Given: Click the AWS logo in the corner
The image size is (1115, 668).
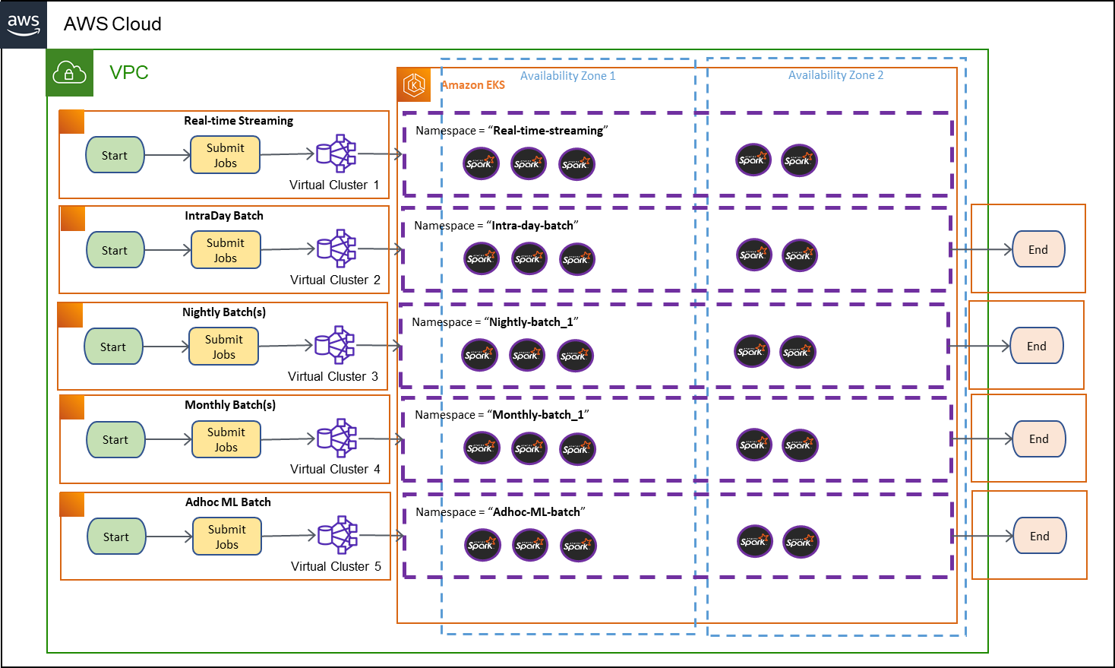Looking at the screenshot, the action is click(x=24, y=24).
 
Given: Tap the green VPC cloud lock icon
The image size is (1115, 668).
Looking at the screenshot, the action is click(x=69, y=73).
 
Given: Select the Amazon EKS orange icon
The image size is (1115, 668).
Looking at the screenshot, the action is click(x=414, y=84).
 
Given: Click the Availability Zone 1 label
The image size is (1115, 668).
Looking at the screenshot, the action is click(x=567, y=76).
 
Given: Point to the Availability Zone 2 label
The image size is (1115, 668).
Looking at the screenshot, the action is click(x=835, y=75).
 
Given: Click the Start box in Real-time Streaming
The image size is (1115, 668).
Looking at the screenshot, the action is click(x=115, y=155).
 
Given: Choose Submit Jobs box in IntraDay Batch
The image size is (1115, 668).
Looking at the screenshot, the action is click(x=226, y=250).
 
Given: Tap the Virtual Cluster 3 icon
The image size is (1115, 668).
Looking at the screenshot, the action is click(x=334, y=345).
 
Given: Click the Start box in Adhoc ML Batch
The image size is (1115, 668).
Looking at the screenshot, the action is click(x=116, y=537).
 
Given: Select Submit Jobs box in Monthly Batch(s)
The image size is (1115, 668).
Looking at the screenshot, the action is click(x=226, y=439).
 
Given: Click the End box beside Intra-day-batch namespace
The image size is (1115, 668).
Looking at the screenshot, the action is click(x=1038, y=249).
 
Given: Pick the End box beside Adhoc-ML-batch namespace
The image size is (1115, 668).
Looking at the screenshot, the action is click(x=1039, y=536).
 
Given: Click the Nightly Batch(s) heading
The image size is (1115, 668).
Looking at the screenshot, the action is click(x=224, y=312).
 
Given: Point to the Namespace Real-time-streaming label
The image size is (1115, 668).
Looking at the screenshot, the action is click(x=512, y=131).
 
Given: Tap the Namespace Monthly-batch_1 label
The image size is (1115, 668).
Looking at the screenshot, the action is click(x=502, y=414).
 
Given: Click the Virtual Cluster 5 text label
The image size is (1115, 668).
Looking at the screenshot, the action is click(x=336, y=566).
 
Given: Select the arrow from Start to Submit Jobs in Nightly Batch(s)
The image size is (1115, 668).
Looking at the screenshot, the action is click(x=166, y=347).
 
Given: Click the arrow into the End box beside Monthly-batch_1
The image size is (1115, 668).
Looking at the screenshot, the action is click(x=981, y=438).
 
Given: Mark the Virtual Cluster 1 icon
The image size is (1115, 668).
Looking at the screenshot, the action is click(x=336, y=153).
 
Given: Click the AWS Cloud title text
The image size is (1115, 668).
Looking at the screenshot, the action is click(x=112, y=24).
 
